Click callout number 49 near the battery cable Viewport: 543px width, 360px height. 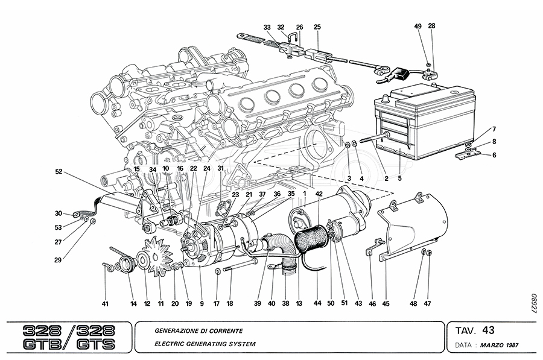pyautogui.click(x=418, y=26)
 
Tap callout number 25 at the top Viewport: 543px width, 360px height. pyautogui.click(x=317, y=27)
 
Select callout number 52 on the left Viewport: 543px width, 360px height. pyautogui.click(x=59, y=171)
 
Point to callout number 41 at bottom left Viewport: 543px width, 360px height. pyautogui.click(x=105, y=305)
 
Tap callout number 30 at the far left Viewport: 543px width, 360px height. pyautogui.click(x=59, y=213)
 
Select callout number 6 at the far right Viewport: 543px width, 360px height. pyautogui.click(x=494, y=155)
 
